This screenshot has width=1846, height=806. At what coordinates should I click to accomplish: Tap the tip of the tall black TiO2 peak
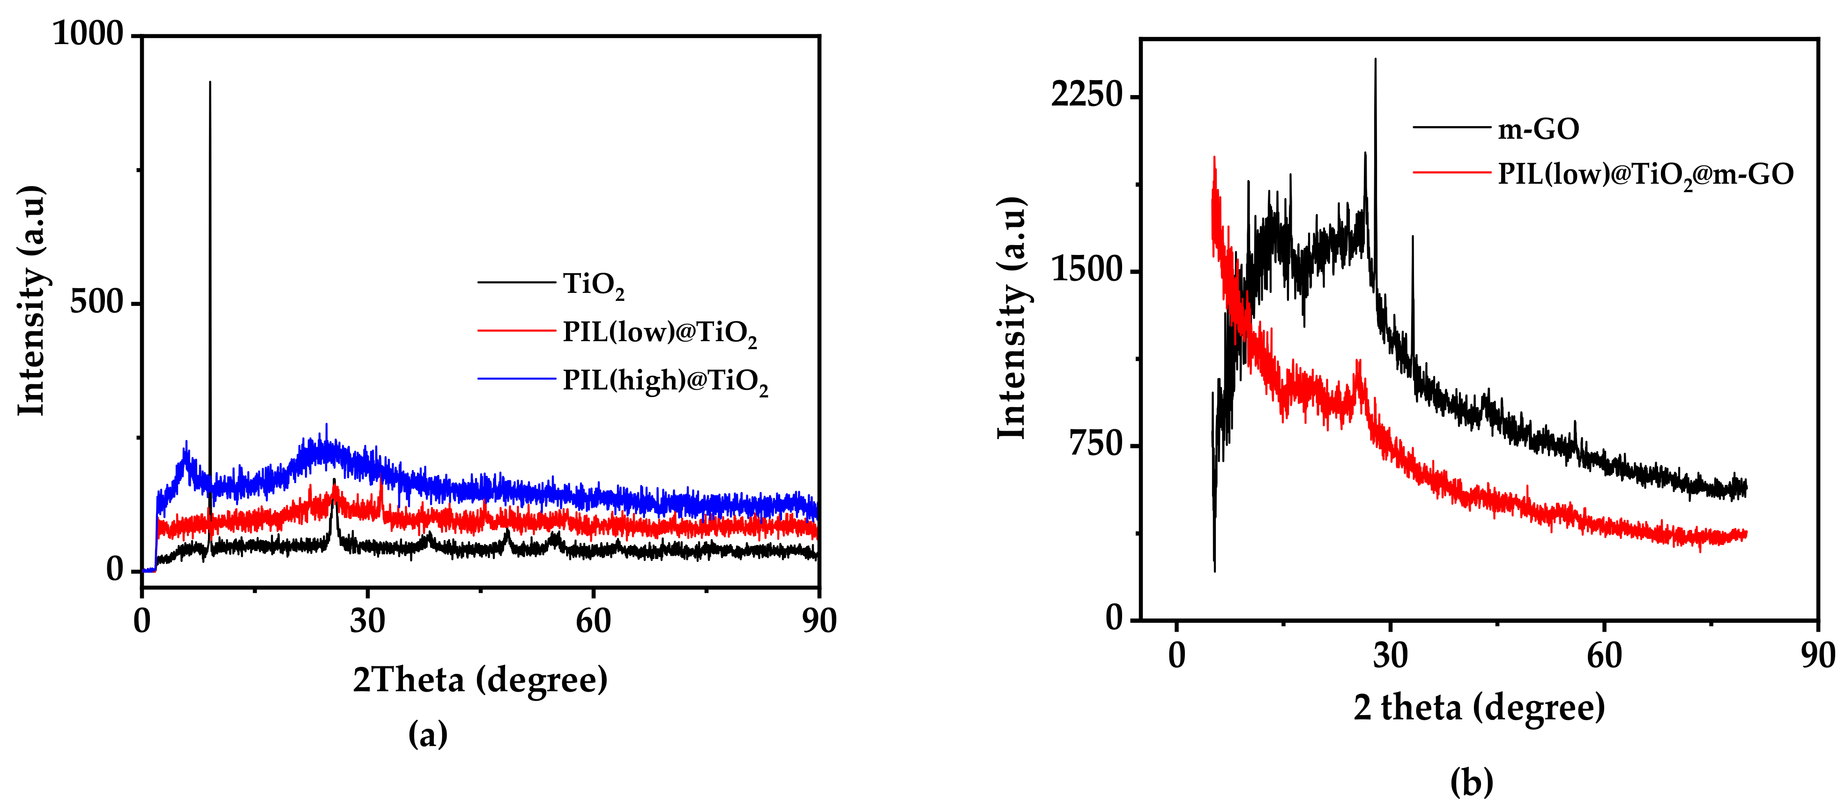[210, 82]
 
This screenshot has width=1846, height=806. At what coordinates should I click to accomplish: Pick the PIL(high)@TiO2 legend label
[665, 381]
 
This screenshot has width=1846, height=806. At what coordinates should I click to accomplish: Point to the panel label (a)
[428, 734]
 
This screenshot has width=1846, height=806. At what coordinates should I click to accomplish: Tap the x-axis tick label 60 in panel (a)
[593, 620]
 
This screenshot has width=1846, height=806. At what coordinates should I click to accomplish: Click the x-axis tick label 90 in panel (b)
[1817, 656]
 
